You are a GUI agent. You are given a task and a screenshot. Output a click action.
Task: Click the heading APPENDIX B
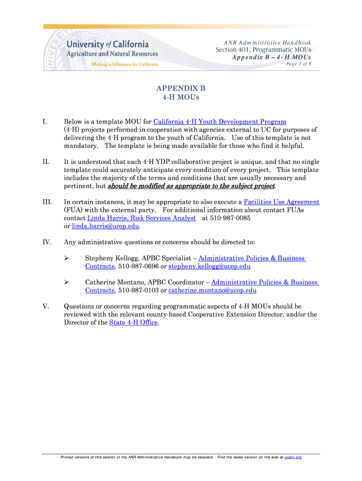pos(181,88)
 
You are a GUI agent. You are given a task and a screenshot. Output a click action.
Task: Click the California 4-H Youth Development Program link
pos(220,122)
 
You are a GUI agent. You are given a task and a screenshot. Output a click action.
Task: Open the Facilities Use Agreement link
pos(282,202)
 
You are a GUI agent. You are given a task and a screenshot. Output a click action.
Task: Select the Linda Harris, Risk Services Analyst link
pos(142,218)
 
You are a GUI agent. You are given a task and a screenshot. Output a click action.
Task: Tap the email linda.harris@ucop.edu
pos(106,226)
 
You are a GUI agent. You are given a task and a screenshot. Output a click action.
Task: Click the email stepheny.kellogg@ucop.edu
pos(209,266)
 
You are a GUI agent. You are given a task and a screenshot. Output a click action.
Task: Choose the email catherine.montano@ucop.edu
pos(212,290)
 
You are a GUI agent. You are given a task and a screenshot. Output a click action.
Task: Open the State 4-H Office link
pos(134,322)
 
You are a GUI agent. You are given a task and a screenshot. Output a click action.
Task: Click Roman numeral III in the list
pos(47,202)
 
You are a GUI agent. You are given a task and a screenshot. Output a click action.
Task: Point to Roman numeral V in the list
pos(46,306)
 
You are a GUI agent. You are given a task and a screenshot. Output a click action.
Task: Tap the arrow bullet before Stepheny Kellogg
pos(66,258)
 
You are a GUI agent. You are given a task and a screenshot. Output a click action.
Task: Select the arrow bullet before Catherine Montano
pos(66,282)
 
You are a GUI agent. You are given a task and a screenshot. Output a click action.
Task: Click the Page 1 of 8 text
pos(299,64)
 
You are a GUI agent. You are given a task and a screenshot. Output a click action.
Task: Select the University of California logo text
pos(108,45)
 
